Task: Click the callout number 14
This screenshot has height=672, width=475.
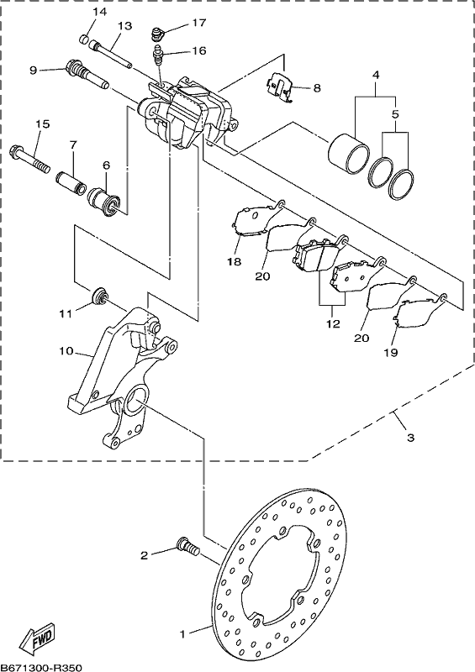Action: pyautogui.click(x=99, y=12)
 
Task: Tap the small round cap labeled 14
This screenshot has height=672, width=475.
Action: pyautogui.click(x=85, y=39)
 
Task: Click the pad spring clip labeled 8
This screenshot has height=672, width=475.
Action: pyautogui.click(x=279, y=88)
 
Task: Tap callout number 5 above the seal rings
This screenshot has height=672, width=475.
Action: pyautogui.click(x=395, y=114)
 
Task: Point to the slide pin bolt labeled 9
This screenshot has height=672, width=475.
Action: pyautogui.click(x=87, y=74)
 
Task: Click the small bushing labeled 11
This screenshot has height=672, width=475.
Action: pyautogui.click(x=100, y=296)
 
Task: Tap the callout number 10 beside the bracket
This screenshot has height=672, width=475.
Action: pyautogui.click(x=66, y=351)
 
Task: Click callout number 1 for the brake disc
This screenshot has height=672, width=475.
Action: pyautogui.click(x=182, y=634)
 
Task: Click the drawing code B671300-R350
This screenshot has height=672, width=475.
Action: pyautogui.click(x=40, y=668)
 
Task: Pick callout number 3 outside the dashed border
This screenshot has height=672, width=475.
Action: pyautogui.click(x=410, y=438)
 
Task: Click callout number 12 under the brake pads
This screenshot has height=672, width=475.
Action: pyautogui.click(x=333, y=323)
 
